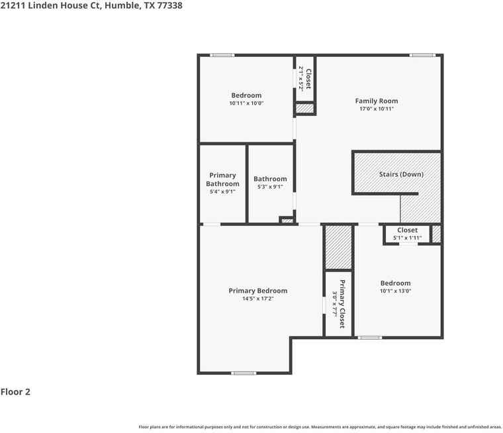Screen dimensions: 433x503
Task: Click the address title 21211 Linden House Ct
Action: point(91,5)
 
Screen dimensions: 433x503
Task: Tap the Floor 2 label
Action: point(15,392)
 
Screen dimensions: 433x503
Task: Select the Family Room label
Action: point(377,101)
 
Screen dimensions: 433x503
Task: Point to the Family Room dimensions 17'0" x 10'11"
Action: point(377,109)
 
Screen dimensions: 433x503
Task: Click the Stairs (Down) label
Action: point(401,174)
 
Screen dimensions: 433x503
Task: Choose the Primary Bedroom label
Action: point(258,291)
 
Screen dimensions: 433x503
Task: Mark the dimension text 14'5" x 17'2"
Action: point(258,299)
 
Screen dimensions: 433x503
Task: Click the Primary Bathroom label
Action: point(222,179)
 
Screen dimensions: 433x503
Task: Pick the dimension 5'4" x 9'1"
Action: point(222,192)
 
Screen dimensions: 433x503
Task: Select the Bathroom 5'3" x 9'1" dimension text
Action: point(270,187)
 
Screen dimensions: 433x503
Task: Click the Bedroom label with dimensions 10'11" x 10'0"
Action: point(246,95)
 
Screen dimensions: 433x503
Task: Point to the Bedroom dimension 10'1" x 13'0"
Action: point(395,291)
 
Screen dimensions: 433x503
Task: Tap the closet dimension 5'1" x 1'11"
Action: point(407,238)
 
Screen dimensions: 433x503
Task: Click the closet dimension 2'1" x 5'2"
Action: point(300,78)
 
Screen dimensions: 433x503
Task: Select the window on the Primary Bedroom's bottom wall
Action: point(244,373)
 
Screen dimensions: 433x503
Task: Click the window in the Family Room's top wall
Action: point(422,55)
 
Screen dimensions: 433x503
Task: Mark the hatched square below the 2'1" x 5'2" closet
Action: point(304,108)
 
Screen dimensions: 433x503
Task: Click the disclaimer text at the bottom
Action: point(320,427)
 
